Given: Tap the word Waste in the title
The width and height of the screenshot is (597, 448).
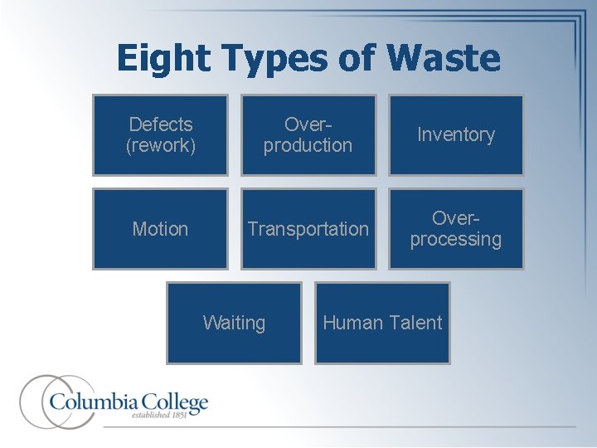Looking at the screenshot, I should click(444, 58).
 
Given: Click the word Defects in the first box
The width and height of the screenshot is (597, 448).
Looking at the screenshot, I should click(161, 124).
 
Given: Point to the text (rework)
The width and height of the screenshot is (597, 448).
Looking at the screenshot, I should click(161, 145).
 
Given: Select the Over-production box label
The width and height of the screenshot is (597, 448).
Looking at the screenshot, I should click(308, 134).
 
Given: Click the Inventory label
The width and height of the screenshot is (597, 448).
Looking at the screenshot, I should click(456, 134).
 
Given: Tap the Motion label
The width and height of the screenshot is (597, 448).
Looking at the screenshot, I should click(160, 229).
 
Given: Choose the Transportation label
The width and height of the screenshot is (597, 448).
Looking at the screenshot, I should click(308, 229).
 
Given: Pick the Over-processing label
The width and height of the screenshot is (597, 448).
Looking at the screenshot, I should click(456, 229).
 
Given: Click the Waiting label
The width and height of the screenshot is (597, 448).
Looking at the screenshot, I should click(234, 323).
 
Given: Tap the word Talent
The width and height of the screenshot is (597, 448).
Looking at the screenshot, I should click(415, 323).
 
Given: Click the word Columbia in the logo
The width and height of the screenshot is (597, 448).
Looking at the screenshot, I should click(90, 403).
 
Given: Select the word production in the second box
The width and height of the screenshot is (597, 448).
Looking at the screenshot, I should click(308, 145).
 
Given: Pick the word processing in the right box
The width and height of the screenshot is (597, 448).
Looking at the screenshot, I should click(456, 240).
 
